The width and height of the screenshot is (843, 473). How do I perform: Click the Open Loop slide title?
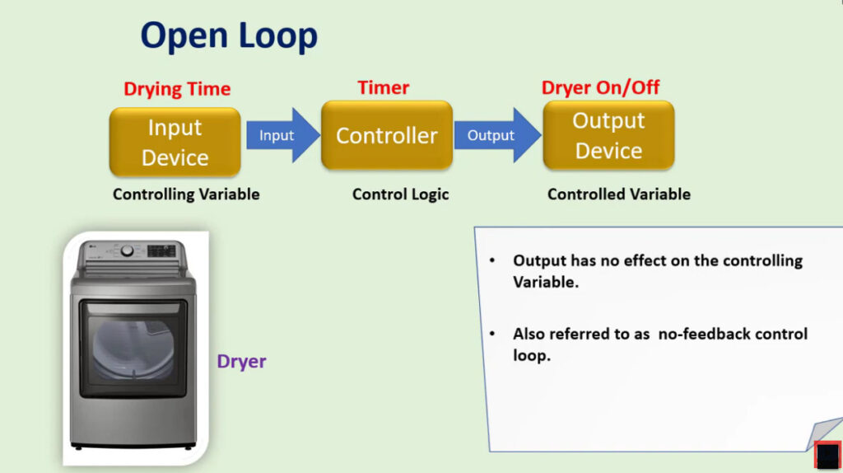pos(229,36)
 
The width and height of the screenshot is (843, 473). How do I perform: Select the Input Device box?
pos(175,142)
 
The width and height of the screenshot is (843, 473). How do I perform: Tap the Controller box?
pos(387,136)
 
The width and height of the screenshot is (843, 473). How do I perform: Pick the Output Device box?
pos(608,136)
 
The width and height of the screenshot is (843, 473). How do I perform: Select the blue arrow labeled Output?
pos(497,135)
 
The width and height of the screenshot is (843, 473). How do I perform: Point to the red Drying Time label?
pos(177,89)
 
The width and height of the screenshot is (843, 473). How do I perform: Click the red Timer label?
pos(384,87)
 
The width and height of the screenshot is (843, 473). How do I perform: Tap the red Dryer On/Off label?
pos(600,87)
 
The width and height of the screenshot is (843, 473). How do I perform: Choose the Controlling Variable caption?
pos(186,194)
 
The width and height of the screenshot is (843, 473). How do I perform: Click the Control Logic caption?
pos(401,194)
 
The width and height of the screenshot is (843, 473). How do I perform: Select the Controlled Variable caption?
pos(619,194)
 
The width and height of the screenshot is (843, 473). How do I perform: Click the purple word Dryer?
pos(241,361)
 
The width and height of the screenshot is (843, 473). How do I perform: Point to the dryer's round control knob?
pos(128,251)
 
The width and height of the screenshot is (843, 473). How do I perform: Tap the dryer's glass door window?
pos(133,349)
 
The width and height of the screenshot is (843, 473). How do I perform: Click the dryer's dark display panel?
pos(161,251)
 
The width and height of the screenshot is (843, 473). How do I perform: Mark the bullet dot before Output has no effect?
pos(492,261)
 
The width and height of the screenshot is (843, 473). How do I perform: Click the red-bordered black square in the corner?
pos(828,455)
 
